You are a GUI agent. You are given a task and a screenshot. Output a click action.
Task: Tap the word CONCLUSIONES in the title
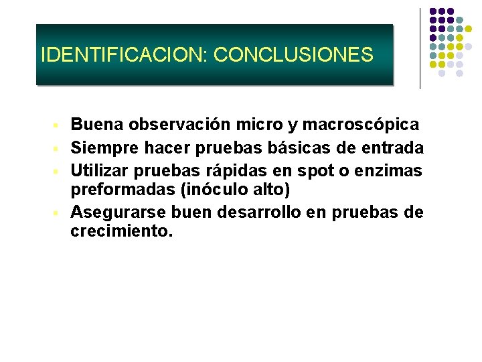pos(293,54)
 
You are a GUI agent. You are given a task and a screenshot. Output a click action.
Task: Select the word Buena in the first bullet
pos(97,125)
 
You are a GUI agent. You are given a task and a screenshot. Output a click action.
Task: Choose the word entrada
pos(394,147)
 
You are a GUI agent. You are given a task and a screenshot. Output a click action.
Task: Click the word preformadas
pos(122,191)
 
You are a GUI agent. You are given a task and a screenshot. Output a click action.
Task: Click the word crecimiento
pos(121,233)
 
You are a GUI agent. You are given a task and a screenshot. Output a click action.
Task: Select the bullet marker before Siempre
pos(59,148)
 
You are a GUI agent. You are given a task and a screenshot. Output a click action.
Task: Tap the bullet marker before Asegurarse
pos(59,214)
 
